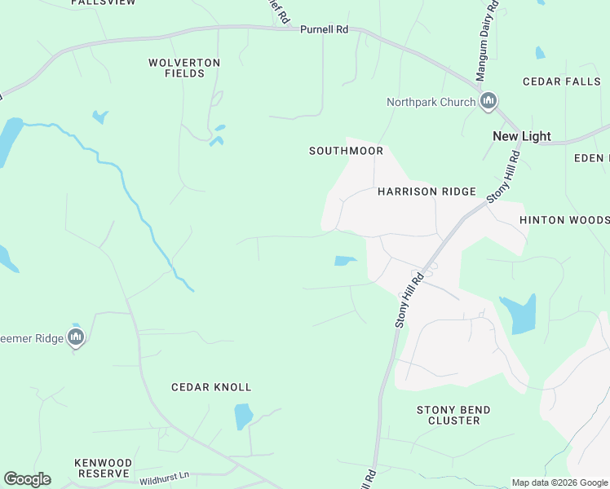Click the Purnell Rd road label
click(x=324, y=29)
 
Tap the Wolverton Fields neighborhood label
click(x=184, y=68)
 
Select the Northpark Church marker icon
click(x=488, y=102)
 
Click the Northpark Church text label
click(x=431, y=102)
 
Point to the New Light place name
click(x=521, y=136)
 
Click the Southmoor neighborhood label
click(x=346, y=151)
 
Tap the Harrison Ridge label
click(x=427, y=192)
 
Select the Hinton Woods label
click(x=564, y=220)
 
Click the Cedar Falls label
click(x=553, y=81)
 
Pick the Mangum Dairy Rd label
click(x=487, y=41)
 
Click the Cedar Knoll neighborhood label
click(x=211, y=387)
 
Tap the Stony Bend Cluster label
click(x=453, y=415)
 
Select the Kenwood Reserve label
click(x=102, y=468)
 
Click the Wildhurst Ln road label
click(x=163, y=474)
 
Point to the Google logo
click(x=27, y=479)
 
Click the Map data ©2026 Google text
click(x=559, y=482)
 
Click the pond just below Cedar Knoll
click(x=243, y=416)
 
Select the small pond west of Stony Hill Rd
click(x=345, y=261)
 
